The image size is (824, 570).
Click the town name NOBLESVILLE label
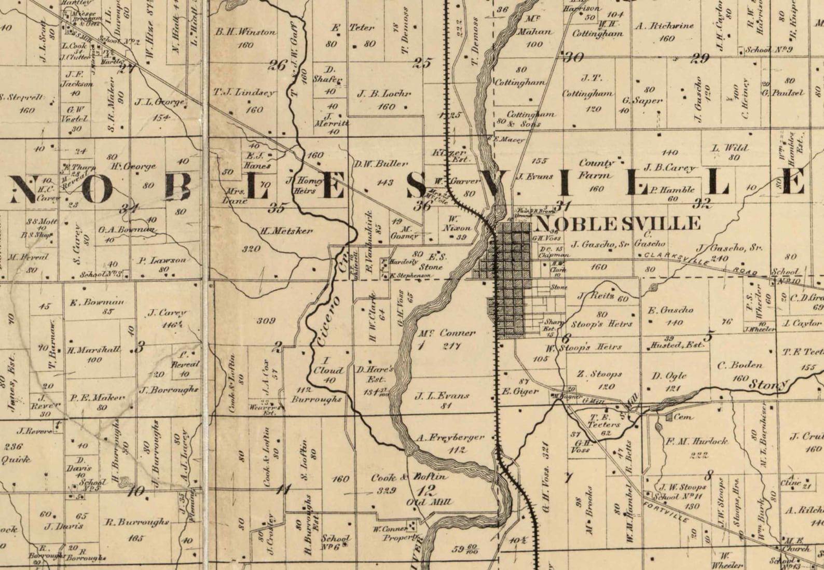(617, 224)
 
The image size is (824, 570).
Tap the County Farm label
(596, 169)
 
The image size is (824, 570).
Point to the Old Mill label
(429, 502)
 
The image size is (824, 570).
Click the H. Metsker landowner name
(286, 231)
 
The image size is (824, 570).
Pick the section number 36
(423, 206)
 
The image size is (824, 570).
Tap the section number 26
(278, 65)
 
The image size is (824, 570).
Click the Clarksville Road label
(701, 263)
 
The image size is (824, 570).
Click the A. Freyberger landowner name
(450, 438)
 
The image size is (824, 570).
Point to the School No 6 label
(336, 541)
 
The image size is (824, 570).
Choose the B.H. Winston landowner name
(245, 32)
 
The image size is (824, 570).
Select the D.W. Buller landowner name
(381, 164)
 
